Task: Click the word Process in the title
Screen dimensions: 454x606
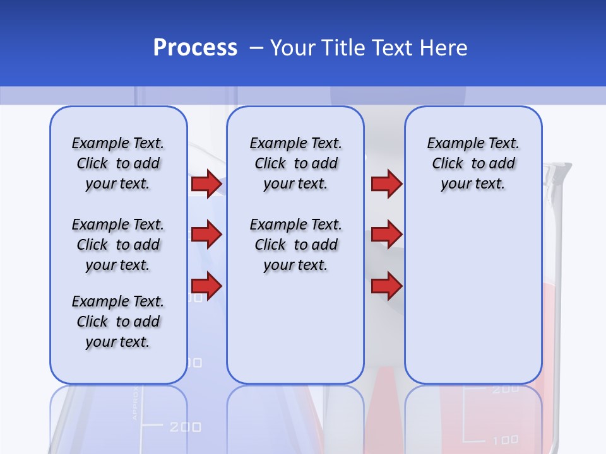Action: [x=195, y=48]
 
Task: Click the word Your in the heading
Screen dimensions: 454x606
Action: [x=293, y=48]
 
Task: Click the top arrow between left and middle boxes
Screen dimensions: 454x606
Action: [x=206, y=183]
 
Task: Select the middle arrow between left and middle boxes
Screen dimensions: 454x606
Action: [x=206, y=235]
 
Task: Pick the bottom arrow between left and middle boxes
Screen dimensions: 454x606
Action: [x=206, y=286]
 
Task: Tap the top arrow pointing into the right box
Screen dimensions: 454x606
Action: [x=386, y=183]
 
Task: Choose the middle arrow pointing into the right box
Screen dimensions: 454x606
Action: [x=386, y=235]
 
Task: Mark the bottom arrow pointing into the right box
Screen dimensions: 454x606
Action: [x=386, y=286]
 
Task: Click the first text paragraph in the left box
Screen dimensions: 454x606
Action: [x=117, y=163]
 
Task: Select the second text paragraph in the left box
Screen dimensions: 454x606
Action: [x=117, y=245]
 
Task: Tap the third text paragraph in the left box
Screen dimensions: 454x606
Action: [x=117, y=322]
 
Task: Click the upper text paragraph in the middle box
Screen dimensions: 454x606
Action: [x=295, y=163]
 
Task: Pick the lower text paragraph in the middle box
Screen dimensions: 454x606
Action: [x=295, y=245]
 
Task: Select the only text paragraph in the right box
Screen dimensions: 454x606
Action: [x=473, y=163]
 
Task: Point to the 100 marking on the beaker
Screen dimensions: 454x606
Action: [x=505, y=439]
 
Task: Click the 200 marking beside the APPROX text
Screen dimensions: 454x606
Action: [x=185, y=428]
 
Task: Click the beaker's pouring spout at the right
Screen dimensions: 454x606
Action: [x=562, y=170]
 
